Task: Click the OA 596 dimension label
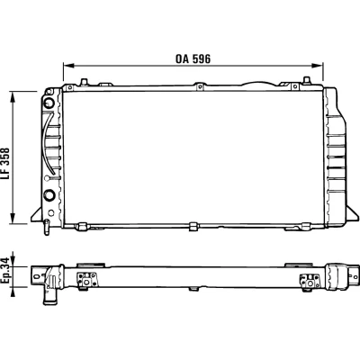pos(193,59)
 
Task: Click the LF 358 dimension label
pos(5,164)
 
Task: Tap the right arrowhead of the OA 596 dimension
pos(318,66)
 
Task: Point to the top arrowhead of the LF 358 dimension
pos(13,96)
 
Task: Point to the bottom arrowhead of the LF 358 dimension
pos(13,218)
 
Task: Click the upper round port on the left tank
pos(49,103)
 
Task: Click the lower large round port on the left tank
pos(49,195)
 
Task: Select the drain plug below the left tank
pos(47,227)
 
